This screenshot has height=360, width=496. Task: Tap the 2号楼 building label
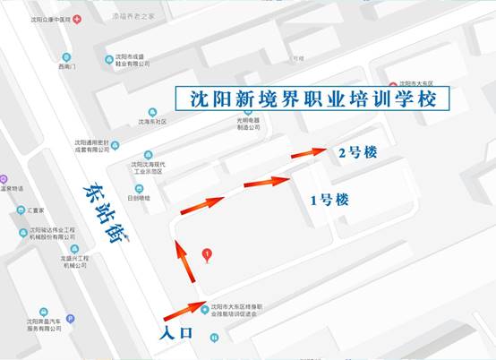tap(357, 152)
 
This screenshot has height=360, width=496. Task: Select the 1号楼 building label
tap(329, 200)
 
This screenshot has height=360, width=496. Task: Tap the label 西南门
tap(68, 66)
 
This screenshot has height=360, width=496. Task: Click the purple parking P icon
tap(71, 319)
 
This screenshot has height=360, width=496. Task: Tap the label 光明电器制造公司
tap(248, 123)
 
